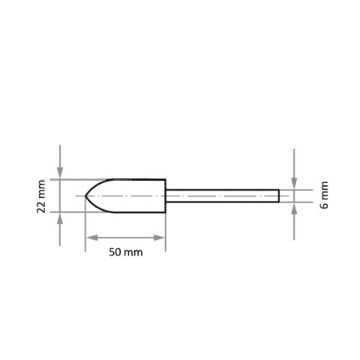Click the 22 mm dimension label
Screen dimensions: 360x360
[41, 196]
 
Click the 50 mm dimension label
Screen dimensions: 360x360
[126, 252]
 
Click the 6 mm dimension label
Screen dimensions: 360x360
[324, 195]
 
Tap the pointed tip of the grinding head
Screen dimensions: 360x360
[86, 196]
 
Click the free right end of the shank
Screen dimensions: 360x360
[279, 196]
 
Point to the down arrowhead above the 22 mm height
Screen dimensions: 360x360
[60, 173]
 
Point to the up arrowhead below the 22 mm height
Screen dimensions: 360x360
[60, 218]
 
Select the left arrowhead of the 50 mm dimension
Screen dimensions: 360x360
[91, 238]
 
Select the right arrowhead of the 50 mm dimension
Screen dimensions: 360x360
[159, 238]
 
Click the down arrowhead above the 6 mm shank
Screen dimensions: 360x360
[294, 184]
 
